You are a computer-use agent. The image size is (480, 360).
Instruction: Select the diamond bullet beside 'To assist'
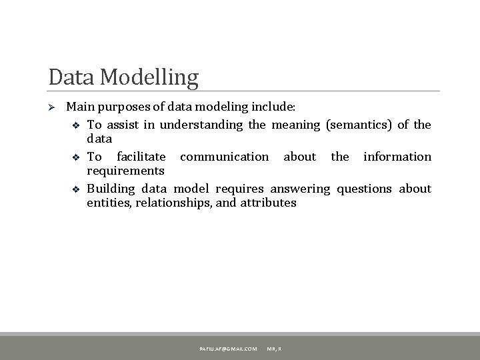pyautogui.click(x=75, y=125)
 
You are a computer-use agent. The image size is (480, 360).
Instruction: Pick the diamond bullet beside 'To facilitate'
pyautogui.click(x=75, y=157)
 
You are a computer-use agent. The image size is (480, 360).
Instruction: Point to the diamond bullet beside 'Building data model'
pyautogui.click(x=75, y=189)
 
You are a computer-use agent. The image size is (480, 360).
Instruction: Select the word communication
pyautogui.click(x=225, y=157)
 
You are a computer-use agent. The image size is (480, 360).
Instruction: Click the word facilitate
pyautogui.click(x=141, y=157)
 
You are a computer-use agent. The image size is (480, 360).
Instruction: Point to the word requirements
pyautogui.click(x=121, y=171)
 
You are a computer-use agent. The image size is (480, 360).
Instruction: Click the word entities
pyautogui.click(x=109, y=202)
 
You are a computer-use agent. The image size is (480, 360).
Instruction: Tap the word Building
pyautogui.click(x=112, y=189)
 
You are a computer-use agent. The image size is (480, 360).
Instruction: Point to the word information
pyautogui.click(x=397, y=157)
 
